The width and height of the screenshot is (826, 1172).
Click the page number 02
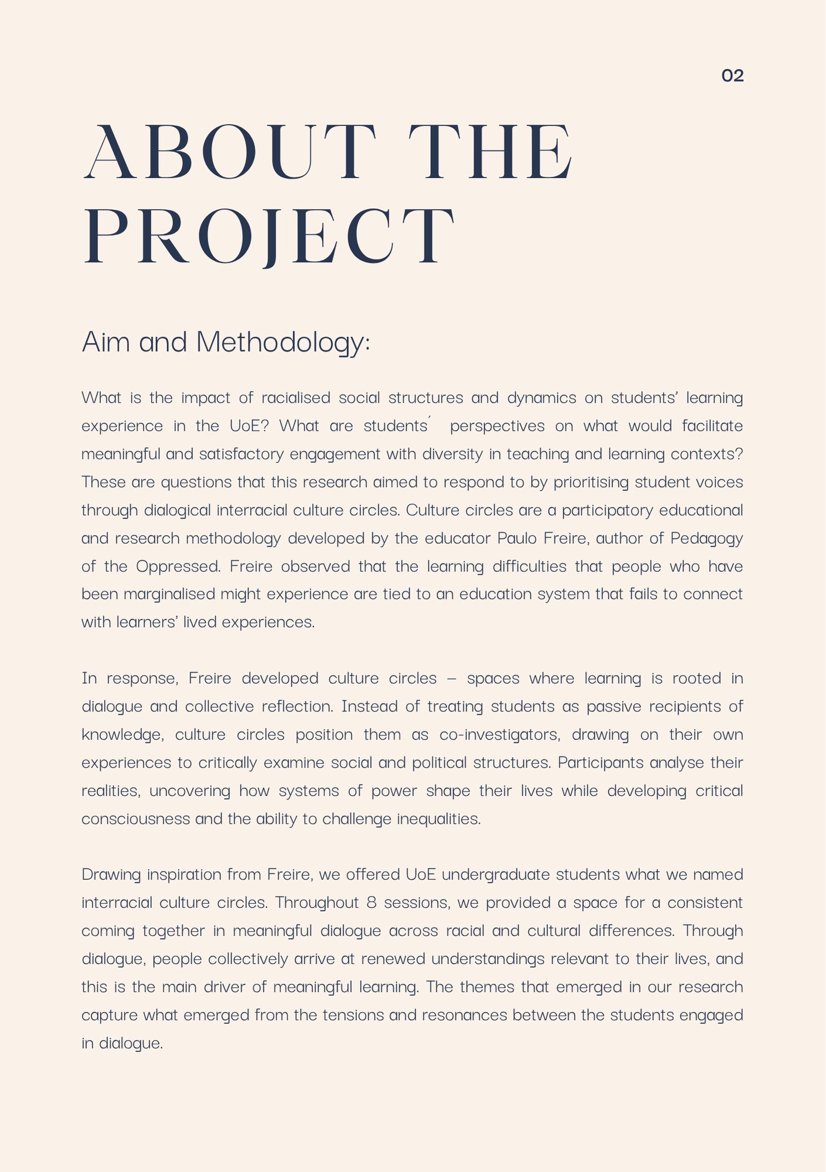click(732, 76)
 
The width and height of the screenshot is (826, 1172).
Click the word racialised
click(295, 398)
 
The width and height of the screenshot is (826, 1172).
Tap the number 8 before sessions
click(371, 902)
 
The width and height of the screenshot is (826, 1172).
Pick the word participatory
click(607, 510)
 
